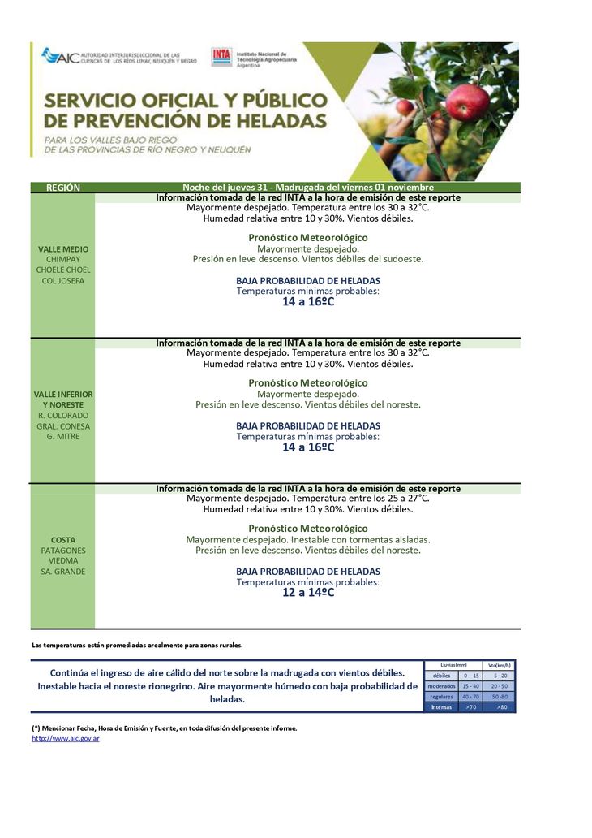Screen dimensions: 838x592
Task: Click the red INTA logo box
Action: click(221, 56)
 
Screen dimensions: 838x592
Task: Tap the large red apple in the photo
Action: click(468, 102)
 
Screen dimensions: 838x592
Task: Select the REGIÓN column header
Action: click(62, 188)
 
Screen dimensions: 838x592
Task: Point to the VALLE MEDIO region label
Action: click(62, 248)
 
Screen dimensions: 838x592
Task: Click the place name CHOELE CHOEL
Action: click(62, 270)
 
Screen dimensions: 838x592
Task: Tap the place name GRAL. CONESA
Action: click(62, 425)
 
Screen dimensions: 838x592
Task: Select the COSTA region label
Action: click(62, 540)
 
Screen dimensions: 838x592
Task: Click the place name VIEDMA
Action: click(62, 560)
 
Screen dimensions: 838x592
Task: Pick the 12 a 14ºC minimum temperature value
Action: click(308, 593)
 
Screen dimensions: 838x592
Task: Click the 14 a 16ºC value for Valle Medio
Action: click(308, 301)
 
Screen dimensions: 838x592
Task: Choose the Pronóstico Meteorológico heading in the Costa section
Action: click(308, 529)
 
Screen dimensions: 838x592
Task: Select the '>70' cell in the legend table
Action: click(470, 707)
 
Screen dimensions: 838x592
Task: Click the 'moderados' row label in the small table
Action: click(441, 686)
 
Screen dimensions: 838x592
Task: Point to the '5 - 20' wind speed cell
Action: click(500, 676)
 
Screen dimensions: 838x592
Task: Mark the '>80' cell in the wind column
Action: click(500, 707)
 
